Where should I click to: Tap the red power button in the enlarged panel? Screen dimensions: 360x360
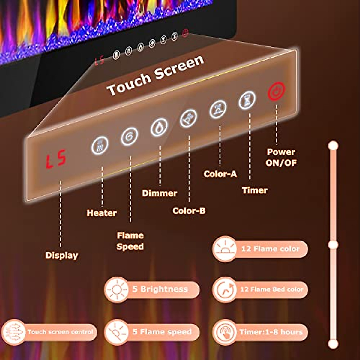click(276, 92)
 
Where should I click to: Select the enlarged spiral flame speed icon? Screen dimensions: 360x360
click(130, 136)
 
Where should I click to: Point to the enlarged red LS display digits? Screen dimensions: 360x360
click(56, 159)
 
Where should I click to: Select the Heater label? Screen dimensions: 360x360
click(102, 213)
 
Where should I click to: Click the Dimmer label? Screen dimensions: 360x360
click(160, 193)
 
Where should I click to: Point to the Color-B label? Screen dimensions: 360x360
click(189, 211)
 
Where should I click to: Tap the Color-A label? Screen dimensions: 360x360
click(220, 174)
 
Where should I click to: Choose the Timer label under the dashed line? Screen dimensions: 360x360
click(255, 190)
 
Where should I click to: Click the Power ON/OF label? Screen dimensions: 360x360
click(281, 157)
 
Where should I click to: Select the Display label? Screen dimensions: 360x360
click(62, 255)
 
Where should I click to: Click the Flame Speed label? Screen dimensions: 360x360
click(130, 241)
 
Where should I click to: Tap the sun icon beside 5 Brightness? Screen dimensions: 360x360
click(117, 290)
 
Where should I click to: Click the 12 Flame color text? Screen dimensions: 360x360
click(270, 249)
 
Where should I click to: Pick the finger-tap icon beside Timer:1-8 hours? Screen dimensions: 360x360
click(225, 332)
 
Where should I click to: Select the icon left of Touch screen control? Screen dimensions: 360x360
click(13, 332)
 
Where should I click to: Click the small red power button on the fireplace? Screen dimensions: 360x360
click(185, 33)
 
